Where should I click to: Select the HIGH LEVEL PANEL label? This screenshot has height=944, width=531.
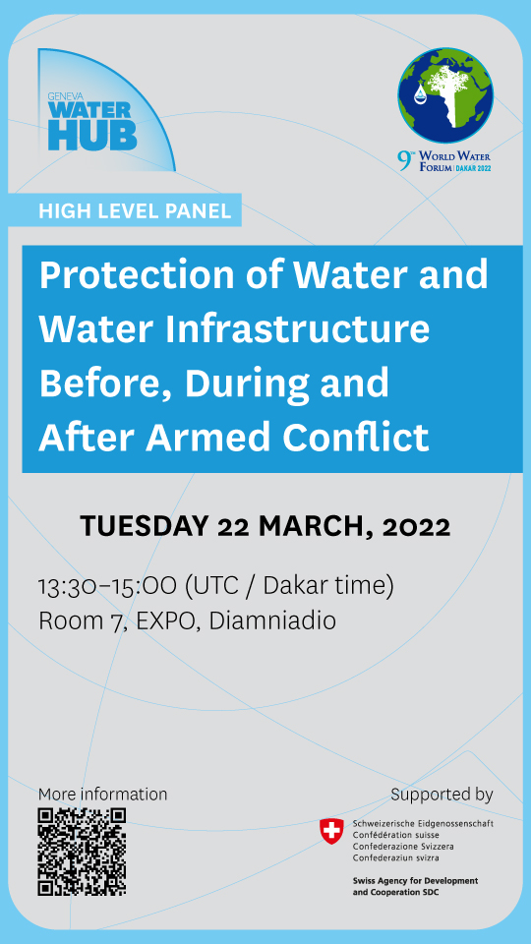pyautogui.click(x=135, y=210)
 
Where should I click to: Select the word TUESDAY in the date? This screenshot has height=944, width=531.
pyautogui.click(x=144, y=526)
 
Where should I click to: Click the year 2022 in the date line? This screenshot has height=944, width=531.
pyautogui.click(x=409, y=526)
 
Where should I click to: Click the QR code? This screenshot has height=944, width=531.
pyautogui.click(x=82, y=852)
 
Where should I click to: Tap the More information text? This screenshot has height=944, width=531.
pyautogui.click(x=102, y=794)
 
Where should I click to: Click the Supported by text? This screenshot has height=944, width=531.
pyautogui.click(x=442, y=794)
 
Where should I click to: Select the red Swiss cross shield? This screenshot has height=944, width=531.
pyautogui.click(x=332, y=832)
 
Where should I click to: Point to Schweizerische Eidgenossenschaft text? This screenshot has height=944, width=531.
pyautogui.click(x=422, y=823)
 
